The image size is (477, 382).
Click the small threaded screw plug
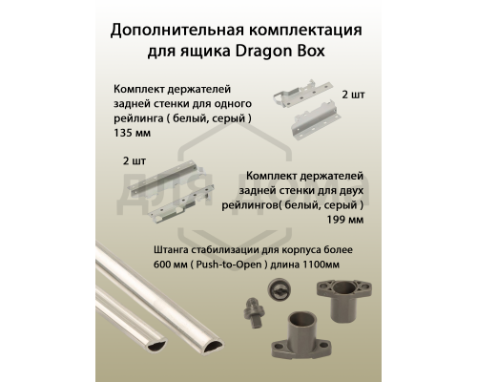coord(251,313)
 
